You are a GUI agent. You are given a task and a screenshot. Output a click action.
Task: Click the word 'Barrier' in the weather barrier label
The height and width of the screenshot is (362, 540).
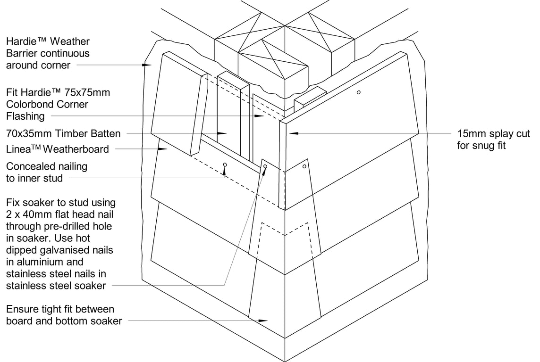point(22,53)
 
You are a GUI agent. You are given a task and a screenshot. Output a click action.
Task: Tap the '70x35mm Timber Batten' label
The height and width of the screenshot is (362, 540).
point(63,133)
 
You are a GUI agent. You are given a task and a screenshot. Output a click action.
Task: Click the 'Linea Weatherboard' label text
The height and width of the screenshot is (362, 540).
point(57,149)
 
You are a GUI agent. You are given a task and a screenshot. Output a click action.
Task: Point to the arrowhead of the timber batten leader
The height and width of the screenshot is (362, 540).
point(223,133)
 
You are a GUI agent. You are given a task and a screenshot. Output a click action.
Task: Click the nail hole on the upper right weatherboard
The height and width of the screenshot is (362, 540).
point(359,92)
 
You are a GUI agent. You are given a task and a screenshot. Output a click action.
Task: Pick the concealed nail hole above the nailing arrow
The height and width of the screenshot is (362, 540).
point(225,165)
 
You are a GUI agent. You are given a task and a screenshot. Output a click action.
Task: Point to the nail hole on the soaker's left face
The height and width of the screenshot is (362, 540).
point(265,166)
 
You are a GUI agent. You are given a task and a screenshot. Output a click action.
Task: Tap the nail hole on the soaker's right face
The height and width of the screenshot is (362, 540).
point(304,166)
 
